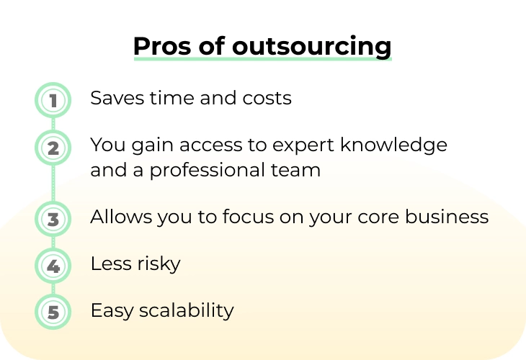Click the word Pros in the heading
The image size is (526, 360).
point(162,45)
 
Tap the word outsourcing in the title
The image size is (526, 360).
point(312,47)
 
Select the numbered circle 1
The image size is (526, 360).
point(53,100)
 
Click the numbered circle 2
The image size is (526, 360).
point(53,148)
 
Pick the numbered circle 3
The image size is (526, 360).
point(53,219)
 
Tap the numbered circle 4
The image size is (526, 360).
point(53,266)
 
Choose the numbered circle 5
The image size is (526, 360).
point(53,312)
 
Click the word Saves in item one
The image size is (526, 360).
point(117,98)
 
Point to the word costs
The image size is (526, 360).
point(267,99)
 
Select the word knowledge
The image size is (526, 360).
point(393,145)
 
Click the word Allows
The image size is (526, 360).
point(121,217)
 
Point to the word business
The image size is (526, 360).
point(447,217)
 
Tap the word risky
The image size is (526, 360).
point(159,264)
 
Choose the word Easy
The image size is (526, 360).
point(112,311)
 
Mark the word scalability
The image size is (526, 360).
point(187,311)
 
